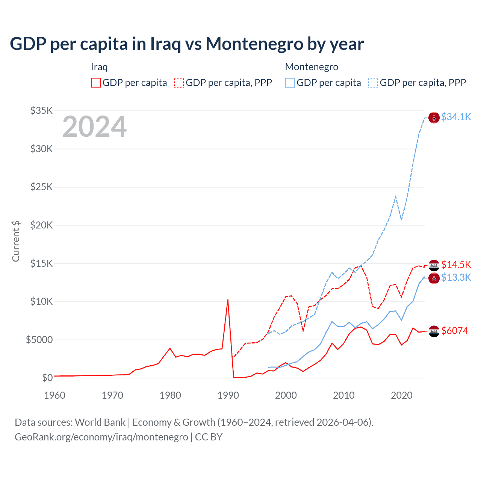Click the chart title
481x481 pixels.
pyautogui.click(x=187, y=44)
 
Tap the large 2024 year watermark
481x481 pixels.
pyautogui.click(x=95, y=127)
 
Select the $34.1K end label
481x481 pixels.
pyautogui.click(x=456, y=117)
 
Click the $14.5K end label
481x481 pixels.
pyautogui.click(x=456, y=265)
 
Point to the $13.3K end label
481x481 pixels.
pyautogui.click(x=456, y=277)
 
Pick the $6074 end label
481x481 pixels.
pyautogui.click(x=455, y=331)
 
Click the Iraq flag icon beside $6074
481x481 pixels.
pyautogui.click(x=434, y=331)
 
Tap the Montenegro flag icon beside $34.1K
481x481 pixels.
pyautogui.click(x=434, y=118)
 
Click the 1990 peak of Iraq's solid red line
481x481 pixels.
pyautogui.click(x=228, y=300)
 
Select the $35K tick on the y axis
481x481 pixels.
pyautogui.click(x=42, y=110)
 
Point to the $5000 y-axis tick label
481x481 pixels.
pyautogui.click(x=39, y=340)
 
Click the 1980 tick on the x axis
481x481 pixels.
pyautogui.click(x=170, y=395)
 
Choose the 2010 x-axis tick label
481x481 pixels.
pyautogui.click(x=344, y=395)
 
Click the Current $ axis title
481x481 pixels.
pyautogui.click(x=16, y=241)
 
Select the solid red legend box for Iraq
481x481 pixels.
pyautogui.click(x=96, y=83)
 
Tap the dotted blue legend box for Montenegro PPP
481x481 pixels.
pyautogui.click(x=373, y=83)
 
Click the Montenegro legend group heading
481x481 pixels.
pyautogui.click(x=312, y=67)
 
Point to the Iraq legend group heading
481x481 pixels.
pyautogui.click(x=99, y=67)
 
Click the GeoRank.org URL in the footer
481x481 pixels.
pyautogui.click(x=101, y=437)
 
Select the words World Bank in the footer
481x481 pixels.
pyautogui.click(x=100, y=422)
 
